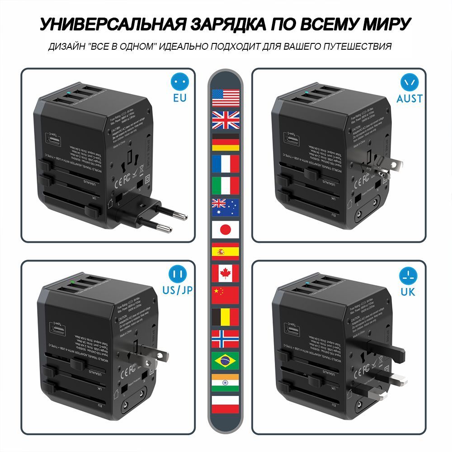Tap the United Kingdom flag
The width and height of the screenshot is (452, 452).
pos(226,120)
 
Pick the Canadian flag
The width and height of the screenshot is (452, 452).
pos(226,273)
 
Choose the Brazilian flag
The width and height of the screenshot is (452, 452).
pos(226,361)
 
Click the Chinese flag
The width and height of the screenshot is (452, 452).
pos(226,295)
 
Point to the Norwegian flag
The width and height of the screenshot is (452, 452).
pos(226,339)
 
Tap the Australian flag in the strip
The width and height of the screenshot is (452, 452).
pos(226,207)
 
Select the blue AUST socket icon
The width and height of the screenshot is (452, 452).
pos(410,82)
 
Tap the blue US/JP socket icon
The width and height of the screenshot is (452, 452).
pos(178,274)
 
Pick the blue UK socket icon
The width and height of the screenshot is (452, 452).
pos(408,274)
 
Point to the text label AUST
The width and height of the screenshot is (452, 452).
pos(410,98)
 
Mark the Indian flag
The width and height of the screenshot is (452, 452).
pos(226,382)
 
